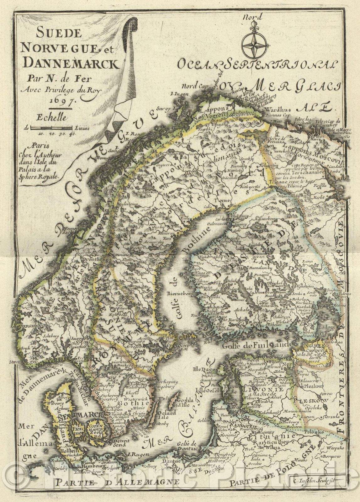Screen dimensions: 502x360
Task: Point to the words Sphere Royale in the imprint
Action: click(44, 177)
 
